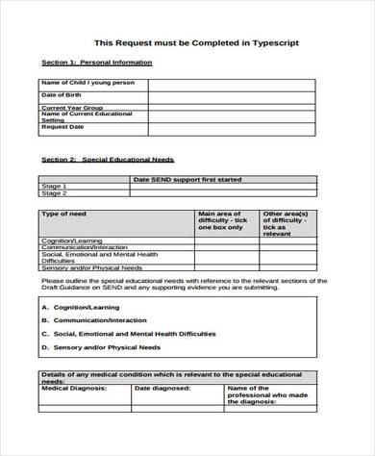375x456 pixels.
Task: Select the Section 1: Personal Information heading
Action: point(97,63)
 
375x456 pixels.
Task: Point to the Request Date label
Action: point(62,126)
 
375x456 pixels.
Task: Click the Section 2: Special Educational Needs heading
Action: point(108,159)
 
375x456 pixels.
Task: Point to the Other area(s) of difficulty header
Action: point(287,222)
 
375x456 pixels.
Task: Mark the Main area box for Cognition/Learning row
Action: point(226,240)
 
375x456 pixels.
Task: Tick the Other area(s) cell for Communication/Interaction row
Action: point(287,246)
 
